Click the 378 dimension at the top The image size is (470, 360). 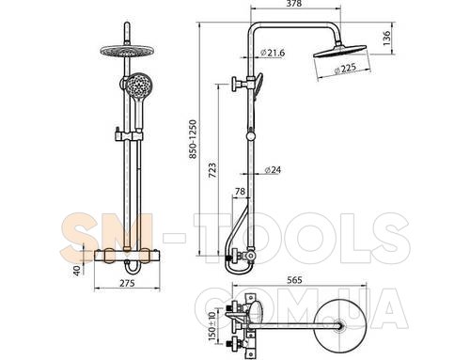294,4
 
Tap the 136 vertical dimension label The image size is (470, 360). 387,39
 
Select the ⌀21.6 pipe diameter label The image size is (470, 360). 273,53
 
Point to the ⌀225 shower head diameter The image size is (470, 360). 345,69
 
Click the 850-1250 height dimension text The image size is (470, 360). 194,138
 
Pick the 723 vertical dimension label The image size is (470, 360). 212,170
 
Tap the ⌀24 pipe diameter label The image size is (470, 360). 273,170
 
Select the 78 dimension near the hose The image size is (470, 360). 240,191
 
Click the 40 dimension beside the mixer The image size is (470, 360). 77,270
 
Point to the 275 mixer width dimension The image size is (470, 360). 127,283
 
